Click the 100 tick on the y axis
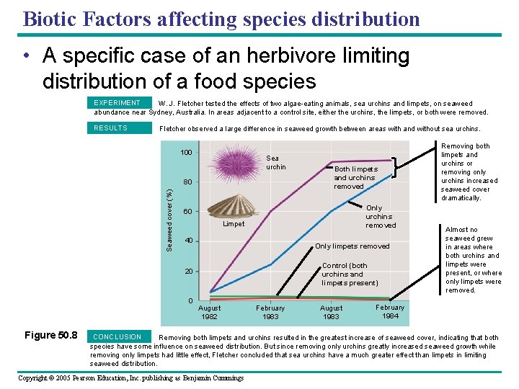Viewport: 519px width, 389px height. (186, 153)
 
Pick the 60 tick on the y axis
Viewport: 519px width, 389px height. (187, 212)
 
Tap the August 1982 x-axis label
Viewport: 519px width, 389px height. (209, 312)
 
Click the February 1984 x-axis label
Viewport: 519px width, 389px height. (390, 311)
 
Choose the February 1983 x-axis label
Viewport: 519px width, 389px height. (270, 312)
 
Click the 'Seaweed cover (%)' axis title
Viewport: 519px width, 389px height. (169, 219)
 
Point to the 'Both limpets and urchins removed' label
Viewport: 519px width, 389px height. (355, 177)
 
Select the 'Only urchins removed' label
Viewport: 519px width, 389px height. (380, 216)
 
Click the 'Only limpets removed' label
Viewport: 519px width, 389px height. (352, 246)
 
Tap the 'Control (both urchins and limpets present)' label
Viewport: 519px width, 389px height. (349, 274)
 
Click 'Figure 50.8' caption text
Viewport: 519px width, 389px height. (51, 335)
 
